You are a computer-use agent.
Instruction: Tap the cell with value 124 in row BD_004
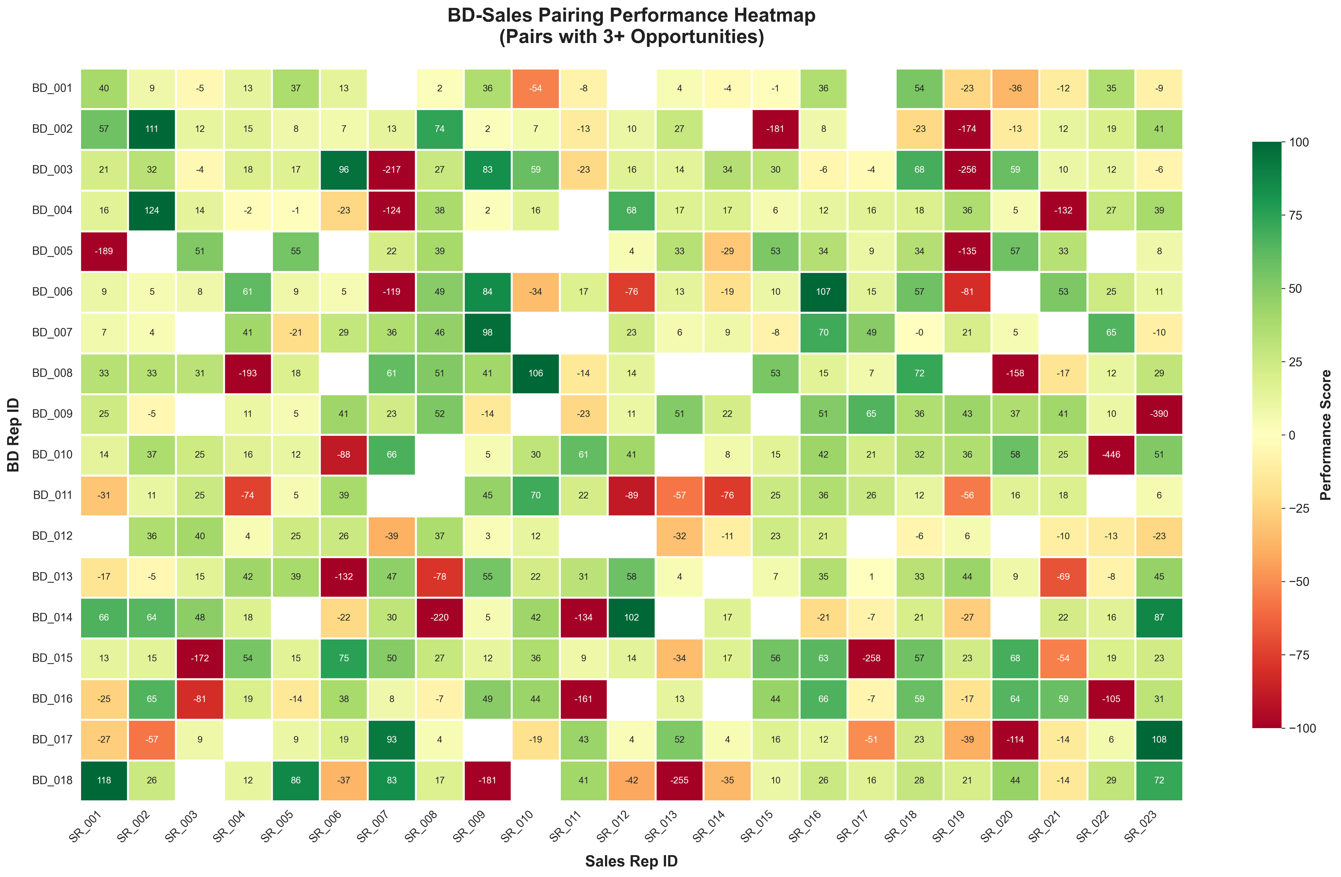[152, 210]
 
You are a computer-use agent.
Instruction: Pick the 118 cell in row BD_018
[104, 780]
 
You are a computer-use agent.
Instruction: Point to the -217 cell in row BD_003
[392, 170]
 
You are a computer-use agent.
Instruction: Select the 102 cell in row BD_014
[631, 617]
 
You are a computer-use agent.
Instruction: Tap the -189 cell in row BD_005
[104, 251]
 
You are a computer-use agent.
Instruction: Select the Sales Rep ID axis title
[631, 861]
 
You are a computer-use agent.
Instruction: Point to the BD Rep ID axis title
[14, 435]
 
